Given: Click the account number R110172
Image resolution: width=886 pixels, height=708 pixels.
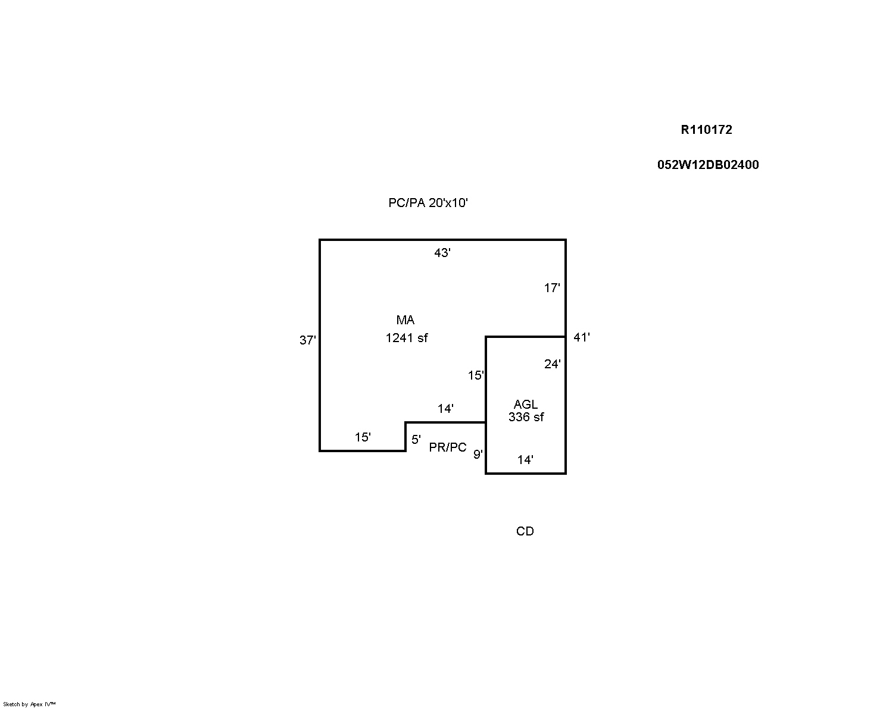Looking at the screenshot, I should coord(706,130).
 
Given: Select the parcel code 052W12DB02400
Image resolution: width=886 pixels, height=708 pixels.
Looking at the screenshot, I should coord(708,165).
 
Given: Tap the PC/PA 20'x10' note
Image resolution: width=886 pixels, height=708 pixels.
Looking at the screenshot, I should coord(428,203).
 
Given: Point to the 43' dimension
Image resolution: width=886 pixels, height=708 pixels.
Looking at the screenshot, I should coord(442,253).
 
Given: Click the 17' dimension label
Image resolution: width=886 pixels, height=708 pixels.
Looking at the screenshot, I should coord(552,288).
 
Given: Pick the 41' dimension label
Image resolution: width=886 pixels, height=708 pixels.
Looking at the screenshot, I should coord(581,337).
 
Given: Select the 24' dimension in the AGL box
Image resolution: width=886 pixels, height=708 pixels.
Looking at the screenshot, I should coord(552,364).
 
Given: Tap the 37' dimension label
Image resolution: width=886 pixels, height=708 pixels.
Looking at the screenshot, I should coord(307,341).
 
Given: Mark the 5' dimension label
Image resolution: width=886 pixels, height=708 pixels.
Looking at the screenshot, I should coord(416,440).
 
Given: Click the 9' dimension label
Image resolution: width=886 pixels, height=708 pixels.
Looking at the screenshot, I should coord(478,455).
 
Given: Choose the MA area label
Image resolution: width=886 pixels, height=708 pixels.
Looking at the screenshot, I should coord(405,320).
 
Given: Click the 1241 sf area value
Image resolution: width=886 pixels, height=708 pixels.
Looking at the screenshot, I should coord(407,338).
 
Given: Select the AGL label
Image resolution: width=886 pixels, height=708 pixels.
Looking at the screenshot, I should coord(525,405).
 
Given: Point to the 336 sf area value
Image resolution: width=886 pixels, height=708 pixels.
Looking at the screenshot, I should coord(526,417).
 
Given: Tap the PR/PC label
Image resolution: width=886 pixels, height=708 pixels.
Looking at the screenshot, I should coord(448,447).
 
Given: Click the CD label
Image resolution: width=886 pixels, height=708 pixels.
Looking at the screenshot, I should coord(525,531).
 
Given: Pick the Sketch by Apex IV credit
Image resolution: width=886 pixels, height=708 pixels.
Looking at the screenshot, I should coord(29,704).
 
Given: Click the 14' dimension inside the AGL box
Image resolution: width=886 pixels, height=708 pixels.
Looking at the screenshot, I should coord(525,459).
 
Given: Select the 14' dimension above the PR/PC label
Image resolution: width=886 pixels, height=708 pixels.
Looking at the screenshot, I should coord(445,409).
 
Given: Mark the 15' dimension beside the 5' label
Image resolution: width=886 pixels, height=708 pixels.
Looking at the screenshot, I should coord(363,437).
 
